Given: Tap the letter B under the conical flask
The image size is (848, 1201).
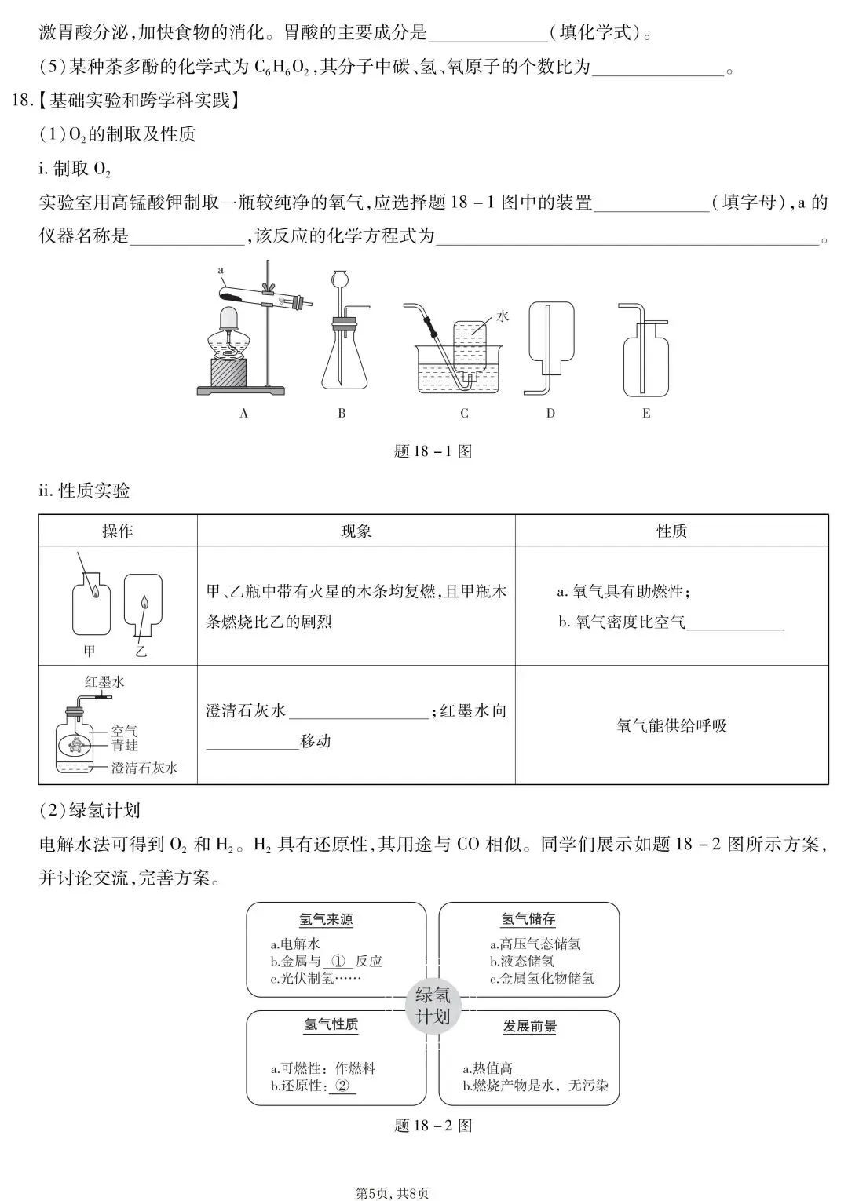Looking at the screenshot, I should (x=342, y=414).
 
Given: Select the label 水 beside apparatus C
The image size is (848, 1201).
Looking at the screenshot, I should (x=503, y=316).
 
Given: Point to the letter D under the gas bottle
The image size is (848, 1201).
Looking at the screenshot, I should (x=550, y=414).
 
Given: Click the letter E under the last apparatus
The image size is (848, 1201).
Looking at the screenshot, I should (x=646, y=414).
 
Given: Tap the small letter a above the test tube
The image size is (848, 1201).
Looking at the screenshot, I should (x=221, y=270).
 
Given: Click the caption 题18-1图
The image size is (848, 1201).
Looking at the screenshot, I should (x=433, y=451).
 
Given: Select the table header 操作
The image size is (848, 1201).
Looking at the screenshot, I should (x=118, y=531).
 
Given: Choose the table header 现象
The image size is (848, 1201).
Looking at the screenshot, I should (x=356, y=531).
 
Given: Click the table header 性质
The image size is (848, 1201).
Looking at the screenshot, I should (x=671, y=531).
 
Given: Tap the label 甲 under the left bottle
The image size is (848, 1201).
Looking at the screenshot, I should (x=90, y=651).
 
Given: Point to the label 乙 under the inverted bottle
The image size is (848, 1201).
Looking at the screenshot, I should (x=141, y=651).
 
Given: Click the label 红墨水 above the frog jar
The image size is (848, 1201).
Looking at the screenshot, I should (x=104, y=682).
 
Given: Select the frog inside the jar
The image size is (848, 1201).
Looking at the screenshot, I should (x=76, y=745).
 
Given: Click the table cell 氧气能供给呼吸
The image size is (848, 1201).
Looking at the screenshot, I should (x=671, y=725).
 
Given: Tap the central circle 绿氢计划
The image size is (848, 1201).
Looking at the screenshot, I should (x=433, y=1006).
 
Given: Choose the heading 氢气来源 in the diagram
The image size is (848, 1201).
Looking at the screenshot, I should (x=326, y=919).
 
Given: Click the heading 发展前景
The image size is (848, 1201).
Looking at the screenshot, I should (x=530, y=1026).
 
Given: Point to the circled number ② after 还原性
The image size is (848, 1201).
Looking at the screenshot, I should (x=342, y=1086).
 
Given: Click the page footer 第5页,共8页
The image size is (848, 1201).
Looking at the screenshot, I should (x=393, y=1193).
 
